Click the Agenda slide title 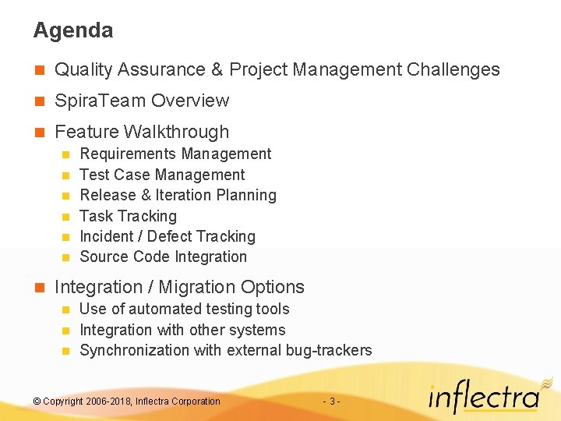(72, 30)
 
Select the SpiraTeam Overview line (142, 101)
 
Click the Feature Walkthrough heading (142, 132)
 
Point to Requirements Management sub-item (175, 154)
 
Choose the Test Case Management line (162, 175)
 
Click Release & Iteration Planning (178, 195)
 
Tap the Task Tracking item (128, 216)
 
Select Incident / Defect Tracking (168, 236)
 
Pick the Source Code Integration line (163, 256)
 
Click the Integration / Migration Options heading (179, 287)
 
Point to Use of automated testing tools (184, 309)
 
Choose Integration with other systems (182, 330)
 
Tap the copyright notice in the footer (127, 402)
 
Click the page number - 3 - (330, 402)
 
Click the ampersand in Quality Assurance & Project (217, 69)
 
